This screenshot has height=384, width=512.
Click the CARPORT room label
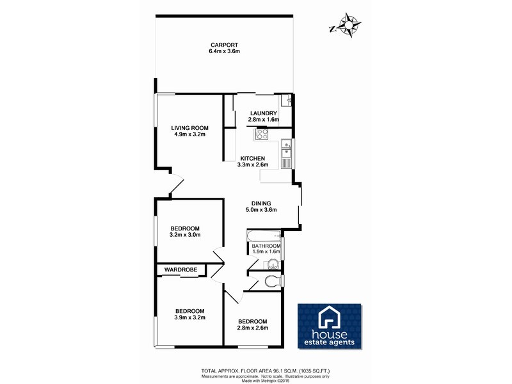point(223,45)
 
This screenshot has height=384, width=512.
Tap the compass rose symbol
point(348,26)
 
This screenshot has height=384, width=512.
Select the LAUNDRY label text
point(263,113)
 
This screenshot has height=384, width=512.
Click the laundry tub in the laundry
point(287,100)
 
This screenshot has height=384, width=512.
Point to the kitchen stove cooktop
point(261,134)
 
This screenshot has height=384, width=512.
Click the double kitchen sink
point(285,154)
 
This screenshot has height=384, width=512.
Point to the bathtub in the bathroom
point(264,236)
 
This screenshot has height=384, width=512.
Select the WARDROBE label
point(180,269)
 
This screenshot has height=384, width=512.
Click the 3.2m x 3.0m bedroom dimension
point(185,235)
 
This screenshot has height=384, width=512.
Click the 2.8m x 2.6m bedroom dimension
point(252,328)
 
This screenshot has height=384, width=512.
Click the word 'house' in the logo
point(330,334)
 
